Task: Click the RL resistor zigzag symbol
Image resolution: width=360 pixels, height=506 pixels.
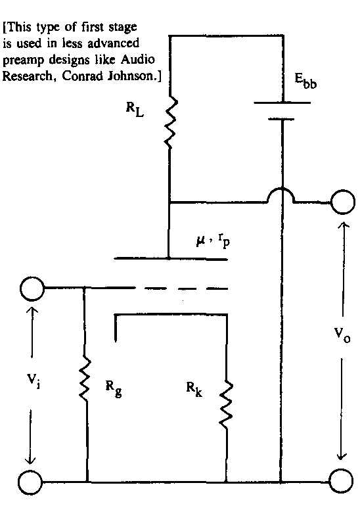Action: click(x=170, y=123)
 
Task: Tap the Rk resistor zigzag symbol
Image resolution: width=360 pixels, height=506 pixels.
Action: click(x=226, y=405)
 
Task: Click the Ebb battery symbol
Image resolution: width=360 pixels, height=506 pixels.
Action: click(x=282, y=111)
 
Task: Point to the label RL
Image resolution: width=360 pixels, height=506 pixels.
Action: click(x=135, y=110)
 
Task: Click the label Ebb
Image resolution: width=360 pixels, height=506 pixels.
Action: click(x=306, y=81)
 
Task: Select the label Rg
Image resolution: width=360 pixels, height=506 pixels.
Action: click(x=114, y=388)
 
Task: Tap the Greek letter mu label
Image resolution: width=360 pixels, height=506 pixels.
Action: click(x=200, y=241)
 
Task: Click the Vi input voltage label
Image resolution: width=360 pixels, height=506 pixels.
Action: click(x=34, y=380)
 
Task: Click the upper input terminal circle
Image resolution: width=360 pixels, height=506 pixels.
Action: click(x=32, y=288)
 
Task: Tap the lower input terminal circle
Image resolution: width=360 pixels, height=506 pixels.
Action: click(x=30, y=482)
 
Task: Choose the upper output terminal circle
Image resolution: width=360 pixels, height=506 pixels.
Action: click(x=343, y=202)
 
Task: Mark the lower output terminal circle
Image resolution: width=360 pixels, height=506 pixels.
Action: click(x=342, y=482)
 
